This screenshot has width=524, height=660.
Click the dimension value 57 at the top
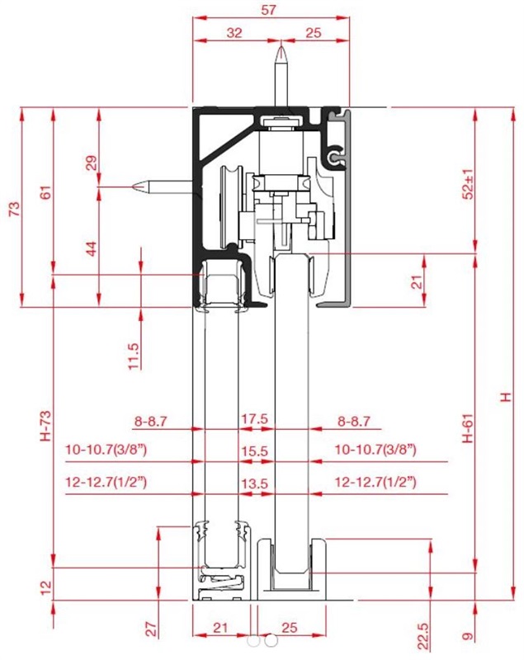(x=268, y=10)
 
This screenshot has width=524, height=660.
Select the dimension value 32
(x=234, y=33)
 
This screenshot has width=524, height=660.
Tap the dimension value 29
(x=92, y=163)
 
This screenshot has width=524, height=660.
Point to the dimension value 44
(x=92, y=248)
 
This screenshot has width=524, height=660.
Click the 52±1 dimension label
(x=468, y=184)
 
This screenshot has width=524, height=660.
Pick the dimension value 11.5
(x=133, y=356)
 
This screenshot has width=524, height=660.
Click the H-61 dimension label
(x=468, y=428)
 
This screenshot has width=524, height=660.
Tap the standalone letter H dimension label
(x=506, y=397)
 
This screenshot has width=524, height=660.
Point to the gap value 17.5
(x=254, y=419)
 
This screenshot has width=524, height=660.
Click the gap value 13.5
(x=254, y=484)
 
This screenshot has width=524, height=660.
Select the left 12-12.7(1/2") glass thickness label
(x=106, y=482)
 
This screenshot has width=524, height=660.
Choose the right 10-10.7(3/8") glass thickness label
(x=375, y=450)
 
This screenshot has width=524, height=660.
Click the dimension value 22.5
(x=424, y=636)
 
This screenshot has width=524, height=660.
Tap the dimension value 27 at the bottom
(x=153, y=629)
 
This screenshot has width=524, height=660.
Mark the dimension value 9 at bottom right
(x=468, y=636)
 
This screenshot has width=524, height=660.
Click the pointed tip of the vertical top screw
(x=281, y=47)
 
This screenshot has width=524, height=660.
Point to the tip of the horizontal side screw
(x=133, y=186)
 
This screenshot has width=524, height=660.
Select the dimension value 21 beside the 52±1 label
(x=416, y=282)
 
